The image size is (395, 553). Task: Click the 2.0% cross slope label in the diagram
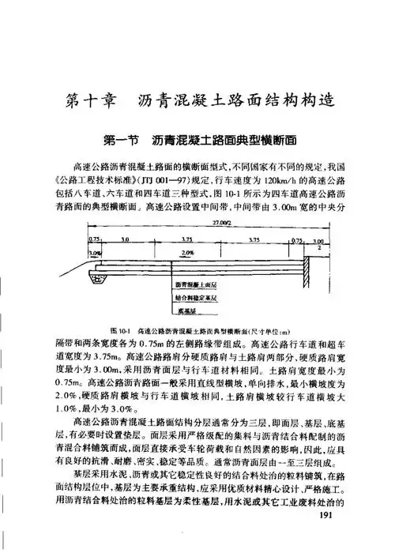(x=187, y=253)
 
